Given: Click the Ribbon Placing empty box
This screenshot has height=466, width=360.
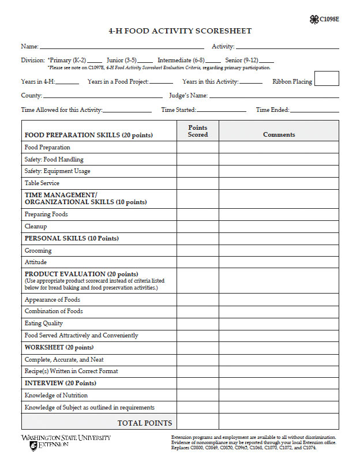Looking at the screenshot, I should pyautogui.click(x=327, y=78).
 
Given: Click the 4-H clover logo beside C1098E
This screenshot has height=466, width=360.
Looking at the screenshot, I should pyautogui.click(x=314, y=20).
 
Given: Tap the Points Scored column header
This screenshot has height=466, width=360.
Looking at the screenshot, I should pyautogui.click(x=197, y=131).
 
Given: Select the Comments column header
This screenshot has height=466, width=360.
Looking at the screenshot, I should pyautogui.click(x=279, y=134).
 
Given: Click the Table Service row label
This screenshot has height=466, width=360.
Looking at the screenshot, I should pyautogui.click(x=42, y=183).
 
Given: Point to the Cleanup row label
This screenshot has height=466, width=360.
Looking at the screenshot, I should pyautogui.click(x=36, y=226).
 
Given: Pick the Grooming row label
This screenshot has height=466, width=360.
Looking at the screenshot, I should pyautogui.click(x=38, y=250).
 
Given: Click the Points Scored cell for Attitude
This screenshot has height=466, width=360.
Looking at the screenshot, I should pyautogui.click(x=197, y=262).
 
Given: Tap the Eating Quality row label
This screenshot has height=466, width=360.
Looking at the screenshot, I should pyautogui.click(x=44, y=323).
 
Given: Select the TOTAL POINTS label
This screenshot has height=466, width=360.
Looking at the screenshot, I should pyautogui.click(x=144, y=423).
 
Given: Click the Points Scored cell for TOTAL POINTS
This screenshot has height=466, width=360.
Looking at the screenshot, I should pyautogui.click(x=197, y=422).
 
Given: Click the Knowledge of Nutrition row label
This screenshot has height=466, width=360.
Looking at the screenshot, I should pyautogui.click(x=56, y=395).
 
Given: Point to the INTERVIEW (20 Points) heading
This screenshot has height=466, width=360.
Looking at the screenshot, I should pyautogui.click(x=60, y=383).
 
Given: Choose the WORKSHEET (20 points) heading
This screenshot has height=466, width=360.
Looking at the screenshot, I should pyautogui.click(x=59, y=347).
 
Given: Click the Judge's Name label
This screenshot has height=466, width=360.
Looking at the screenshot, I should pyautogui.click(x=188, y=96).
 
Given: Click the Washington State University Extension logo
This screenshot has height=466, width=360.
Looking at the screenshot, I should pyautogui.click(x=66, y=442).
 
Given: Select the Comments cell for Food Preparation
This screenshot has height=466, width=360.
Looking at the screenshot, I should pyautogui.click(x=279, y=147).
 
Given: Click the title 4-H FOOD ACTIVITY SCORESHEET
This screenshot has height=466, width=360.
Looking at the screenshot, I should pyautogui.click(x=180, y=31).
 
